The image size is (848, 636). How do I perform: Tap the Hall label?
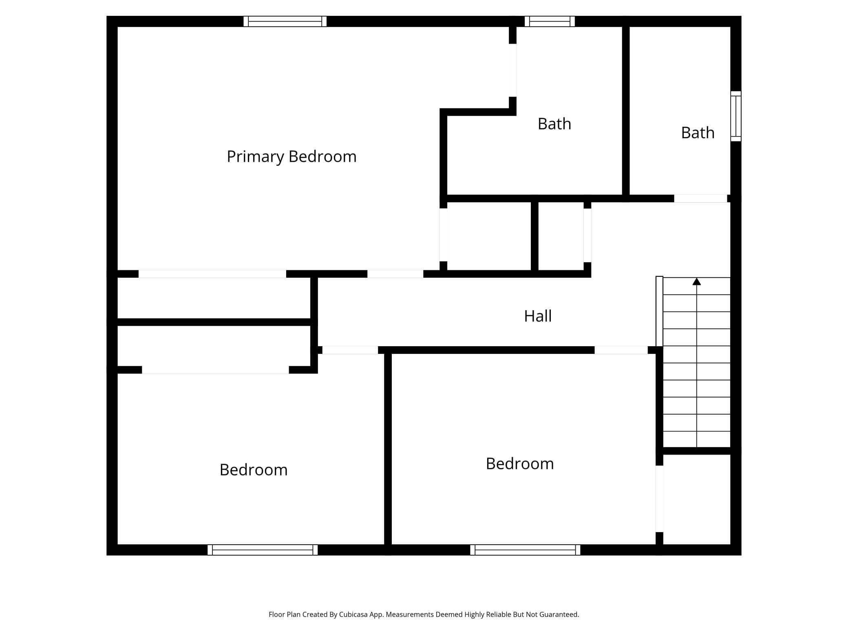pyautogui.click(x=538, y=316)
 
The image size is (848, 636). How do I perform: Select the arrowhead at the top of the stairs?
pyautogui.click(x=697, y=281)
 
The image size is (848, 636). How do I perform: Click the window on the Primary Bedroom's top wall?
pyautogui.click(x=285, y=21)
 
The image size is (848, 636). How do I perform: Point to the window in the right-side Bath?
pyautogui.click(x=735, y=116)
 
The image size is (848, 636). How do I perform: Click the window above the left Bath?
pyautogui.click(x=550, y=21)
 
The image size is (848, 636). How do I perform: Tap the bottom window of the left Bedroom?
pyautogui.click(x=263, y=550)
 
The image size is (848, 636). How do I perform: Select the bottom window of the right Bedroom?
pyautogui.click(x=525, y=550)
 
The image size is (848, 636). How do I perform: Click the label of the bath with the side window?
pyautogui.click(x=698, y=133)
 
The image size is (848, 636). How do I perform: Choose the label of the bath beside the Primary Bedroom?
pyautogui.click(x=554, y=124)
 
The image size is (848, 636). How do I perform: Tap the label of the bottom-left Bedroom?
pyautogui.click(x=254, y=470)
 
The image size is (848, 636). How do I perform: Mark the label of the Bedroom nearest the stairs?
pyautogui.click(x=520, y=464)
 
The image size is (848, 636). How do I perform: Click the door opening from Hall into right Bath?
pyautogui.click(x=700, y=199)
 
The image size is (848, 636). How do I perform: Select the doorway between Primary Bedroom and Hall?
pyautogui.click(x=395, y=274)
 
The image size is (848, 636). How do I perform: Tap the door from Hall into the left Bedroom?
pyautogui.click(x=350, y=350)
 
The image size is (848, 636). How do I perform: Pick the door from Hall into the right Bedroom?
pyautogui.click(x=621, y=350)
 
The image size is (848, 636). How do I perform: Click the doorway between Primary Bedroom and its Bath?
pyautogui.click(x=513, y=70)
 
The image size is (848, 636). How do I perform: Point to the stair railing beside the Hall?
pyautogui.click(x=659, y=311)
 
